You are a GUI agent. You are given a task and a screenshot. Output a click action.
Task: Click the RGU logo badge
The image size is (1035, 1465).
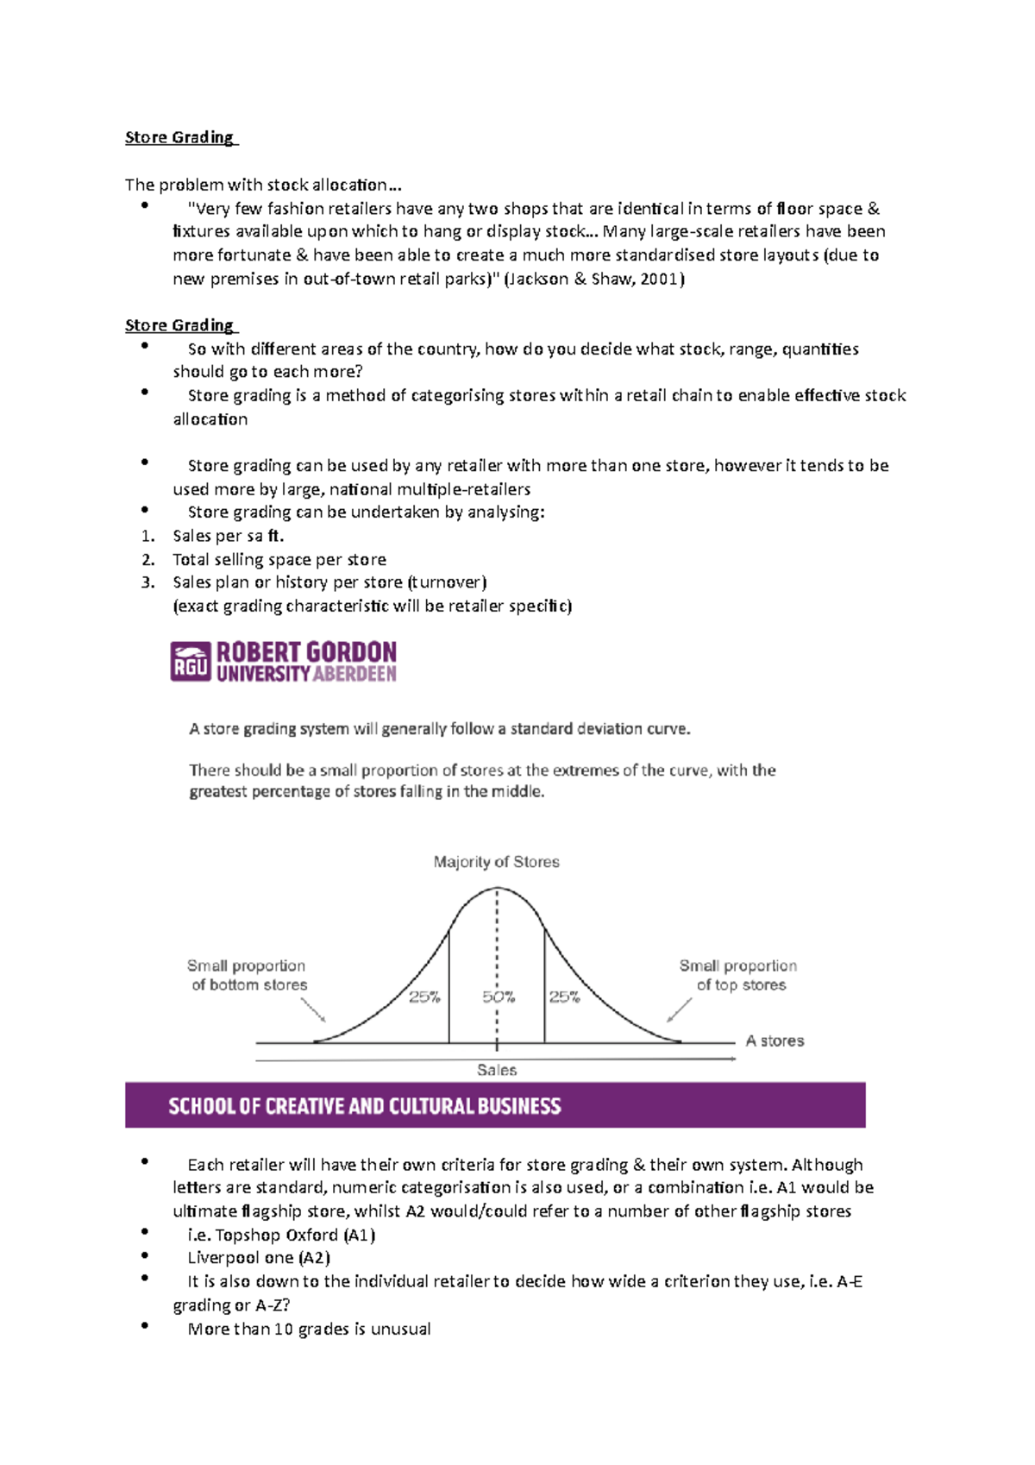click(x=191, y=662)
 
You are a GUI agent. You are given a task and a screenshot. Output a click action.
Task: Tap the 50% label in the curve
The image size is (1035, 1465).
click(x=499, y=997)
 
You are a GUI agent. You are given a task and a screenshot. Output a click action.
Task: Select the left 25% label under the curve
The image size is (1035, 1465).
click(x=424, y=997)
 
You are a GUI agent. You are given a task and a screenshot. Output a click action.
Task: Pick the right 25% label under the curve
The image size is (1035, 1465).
click(x=565, y=997)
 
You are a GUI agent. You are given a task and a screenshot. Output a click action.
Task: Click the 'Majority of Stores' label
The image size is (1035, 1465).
click(x=496, y=862)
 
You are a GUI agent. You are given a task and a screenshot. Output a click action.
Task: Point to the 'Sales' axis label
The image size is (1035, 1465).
click(x=497, y=1070)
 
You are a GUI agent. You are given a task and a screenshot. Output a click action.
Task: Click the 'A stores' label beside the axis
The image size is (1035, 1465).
click(x=775, y=1041)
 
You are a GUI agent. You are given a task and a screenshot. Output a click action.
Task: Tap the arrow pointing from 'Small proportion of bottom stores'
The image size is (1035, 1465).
click(x=313, y=1009)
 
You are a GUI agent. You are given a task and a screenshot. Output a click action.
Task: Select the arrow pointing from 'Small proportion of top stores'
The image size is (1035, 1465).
click(x=680, y=1009)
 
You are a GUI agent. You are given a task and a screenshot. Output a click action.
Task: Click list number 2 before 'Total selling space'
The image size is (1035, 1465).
click(x=147, y=559)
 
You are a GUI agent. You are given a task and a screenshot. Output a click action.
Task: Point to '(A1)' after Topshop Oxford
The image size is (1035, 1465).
click(x=359, y=1235)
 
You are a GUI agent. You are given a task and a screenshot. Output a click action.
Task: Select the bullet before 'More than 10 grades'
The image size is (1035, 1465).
click(x=145, y=1325)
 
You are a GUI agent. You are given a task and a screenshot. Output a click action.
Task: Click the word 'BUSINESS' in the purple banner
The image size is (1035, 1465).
click(x=518, y=1106)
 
